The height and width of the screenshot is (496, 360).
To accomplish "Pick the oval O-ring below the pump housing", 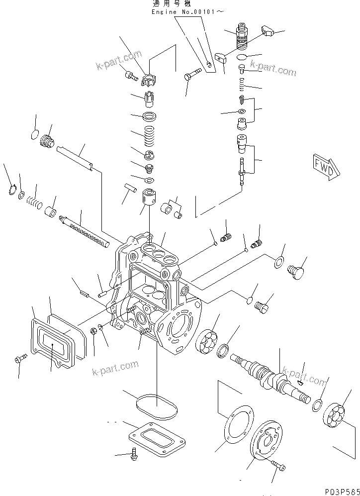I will (156, 406).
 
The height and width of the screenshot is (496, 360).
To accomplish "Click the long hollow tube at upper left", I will (75, 157).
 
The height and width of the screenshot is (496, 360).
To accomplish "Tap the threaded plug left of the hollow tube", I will (47, 142).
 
